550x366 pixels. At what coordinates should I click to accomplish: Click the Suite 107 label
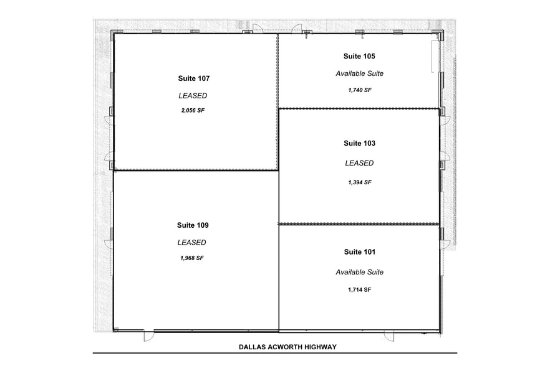tap(193, 78)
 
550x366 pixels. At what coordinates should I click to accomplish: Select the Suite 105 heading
tap(359, 56)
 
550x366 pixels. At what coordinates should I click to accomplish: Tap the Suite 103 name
tap(359, 143)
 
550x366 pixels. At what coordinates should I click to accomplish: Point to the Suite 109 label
tap(192, 225)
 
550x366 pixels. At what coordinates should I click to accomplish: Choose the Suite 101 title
tap(359, 252)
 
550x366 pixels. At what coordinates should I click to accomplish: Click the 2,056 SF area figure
tap(193, 110)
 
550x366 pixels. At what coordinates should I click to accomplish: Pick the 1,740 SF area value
tap(360, 90)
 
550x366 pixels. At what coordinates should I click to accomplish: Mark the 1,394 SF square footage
tap(360, 182)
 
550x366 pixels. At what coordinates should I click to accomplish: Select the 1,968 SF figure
tap(192, 258)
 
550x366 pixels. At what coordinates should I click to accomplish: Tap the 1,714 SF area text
tap(359, 290)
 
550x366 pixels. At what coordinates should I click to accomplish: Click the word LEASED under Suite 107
tap(193, 96)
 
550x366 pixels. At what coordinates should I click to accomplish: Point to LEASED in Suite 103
tap(359, 163)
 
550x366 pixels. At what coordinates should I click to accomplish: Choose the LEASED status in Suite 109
tap(191, 243)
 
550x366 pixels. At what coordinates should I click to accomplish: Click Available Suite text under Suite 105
tap(359, 73)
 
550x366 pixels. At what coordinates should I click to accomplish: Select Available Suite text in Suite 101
tap(359, 272)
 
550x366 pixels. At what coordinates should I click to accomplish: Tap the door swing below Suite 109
tap(149, 336)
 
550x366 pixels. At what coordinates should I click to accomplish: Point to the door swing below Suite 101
tap(388, 336)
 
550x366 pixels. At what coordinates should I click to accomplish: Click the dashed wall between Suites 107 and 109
tap(195, 169)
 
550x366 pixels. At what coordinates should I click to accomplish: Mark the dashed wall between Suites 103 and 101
tap(359, 223)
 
